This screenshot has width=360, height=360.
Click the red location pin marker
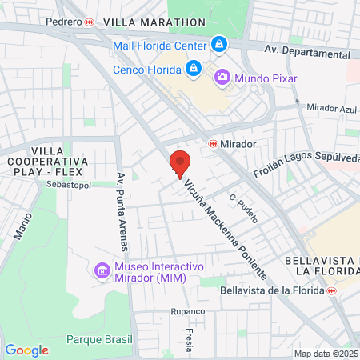[x=180, y=163]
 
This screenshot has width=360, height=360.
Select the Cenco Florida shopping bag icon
[x=192, y=68]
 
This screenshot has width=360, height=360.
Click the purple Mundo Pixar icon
[x=222, y=78]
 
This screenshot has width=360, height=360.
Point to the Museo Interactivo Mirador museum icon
[x=102, y=270]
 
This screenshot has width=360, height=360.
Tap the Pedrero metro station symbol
[x=90, y=22]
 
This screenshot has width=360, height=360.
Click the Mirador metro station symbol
[x=213, y=144]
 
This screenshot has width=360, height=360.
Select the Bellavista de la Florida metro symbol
[x=330, y=290]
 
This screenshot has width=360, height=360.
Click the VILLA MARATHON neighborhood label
[x=138, y=22]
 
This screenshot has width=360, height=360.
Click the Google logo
[x=26, y=350]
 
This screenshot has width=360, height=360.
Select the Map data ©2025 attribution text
[x=326, y=354]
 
